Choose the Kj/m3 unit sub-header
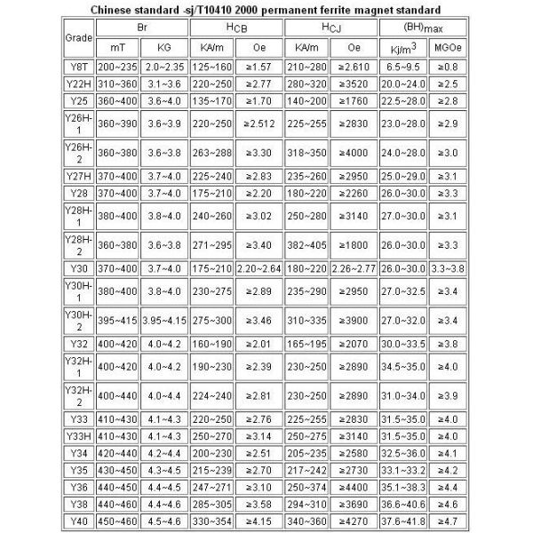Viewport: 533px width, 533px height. [397, 48]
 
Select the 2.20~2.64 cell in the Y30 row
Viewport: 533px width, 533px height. [259, 267]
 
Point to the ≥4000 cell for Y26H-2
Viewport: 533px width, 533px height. [354, 152]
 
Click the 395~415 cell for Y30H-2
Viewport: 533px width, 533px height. [117, 319]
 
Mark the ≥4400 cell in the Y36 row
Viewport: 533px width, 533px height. [354, 488]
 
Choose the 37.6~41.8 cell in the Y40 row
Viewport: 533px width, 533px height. [397, 521]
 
